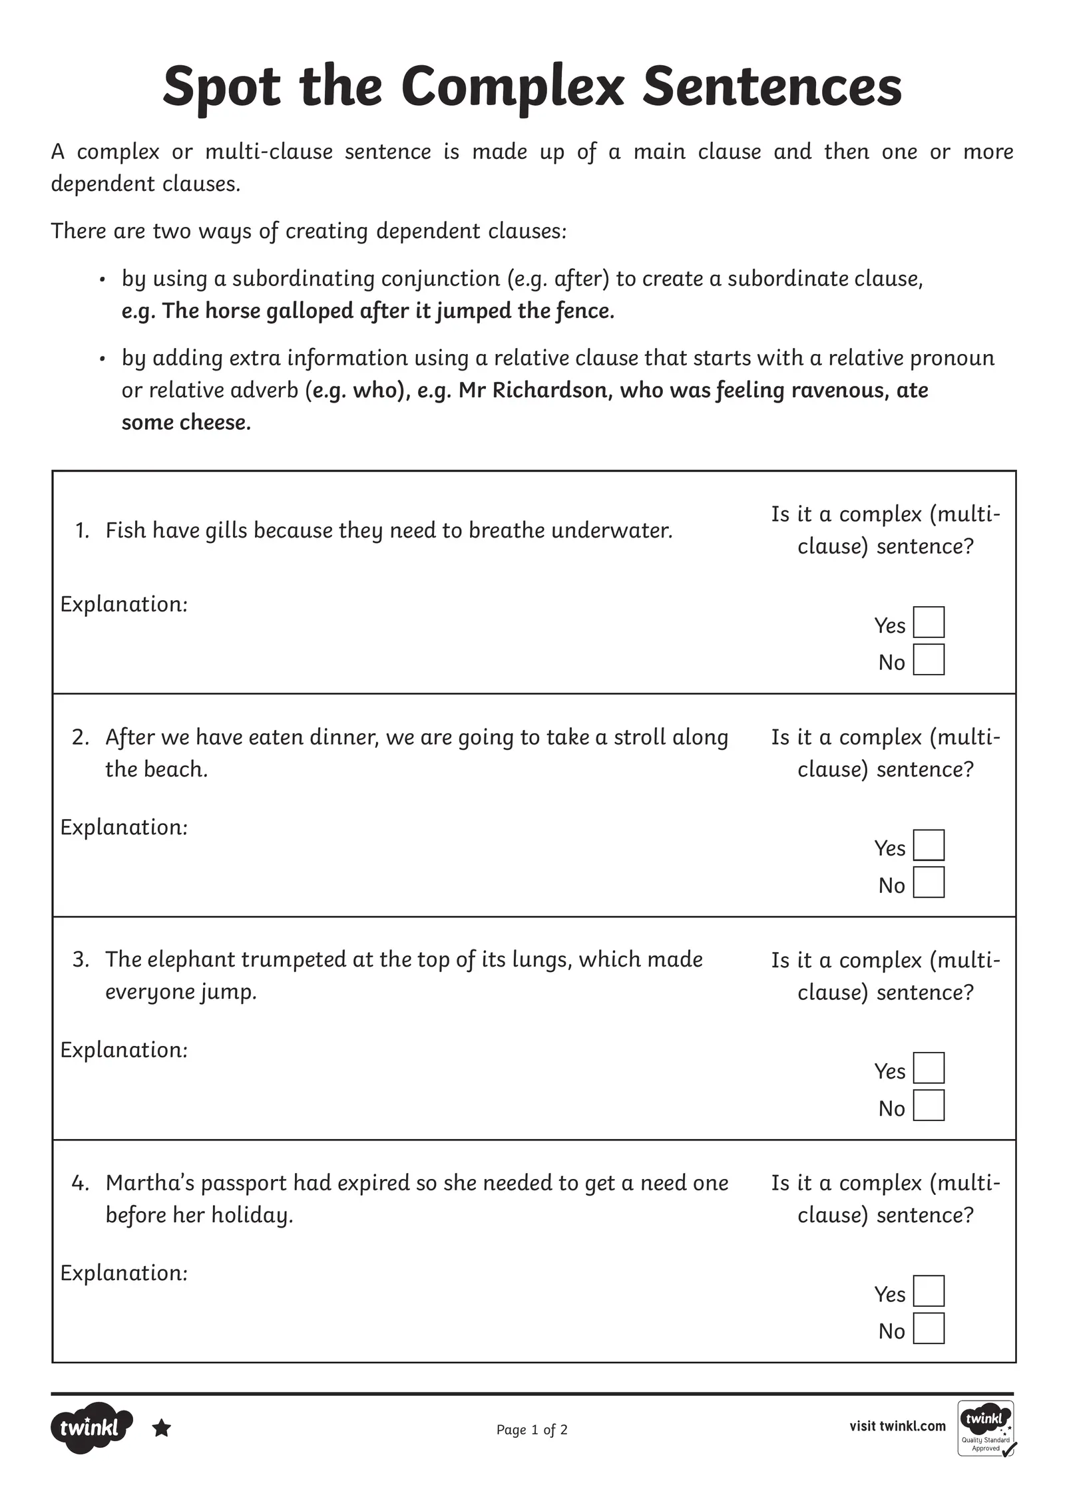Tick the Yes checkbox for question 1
coord(929,622)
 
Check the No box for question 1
coord(929,659)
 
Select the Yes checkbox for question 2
coord(929,845)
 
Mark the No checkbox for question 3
coord(929,1105)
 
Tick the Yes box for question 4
coord(929,1291)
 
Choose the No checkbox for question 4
coord(929,1328)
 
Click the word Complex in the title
coord(513,88)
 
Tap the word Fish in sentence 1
coord(126,530)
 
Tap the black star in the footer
coord(162,1428)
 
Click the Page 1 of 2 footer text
coord(532,1430)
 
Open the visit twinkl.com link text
coord(897,1426)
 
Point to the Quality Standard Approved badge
coord(986,1428)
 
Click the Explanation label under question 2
coord(124,827)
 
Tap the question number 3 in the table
coord(80,959)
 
